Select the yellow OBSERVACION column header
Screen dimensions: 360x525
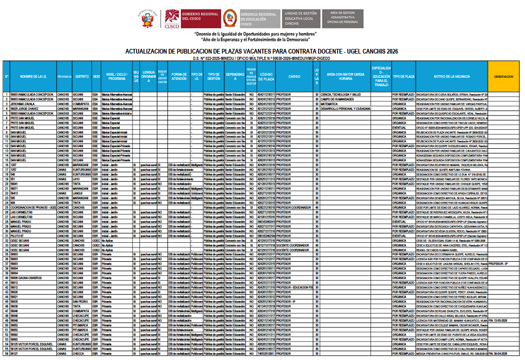point(503,77)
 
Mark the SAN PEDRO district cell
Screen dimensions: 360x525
point(81,302)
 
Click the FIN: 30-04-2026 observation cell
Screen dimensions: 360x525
point(502,354)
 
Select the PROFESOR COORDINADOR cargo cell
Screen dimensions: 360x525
point(294,208)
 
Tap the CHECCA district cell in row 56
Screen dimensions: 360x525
point(79,354)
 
